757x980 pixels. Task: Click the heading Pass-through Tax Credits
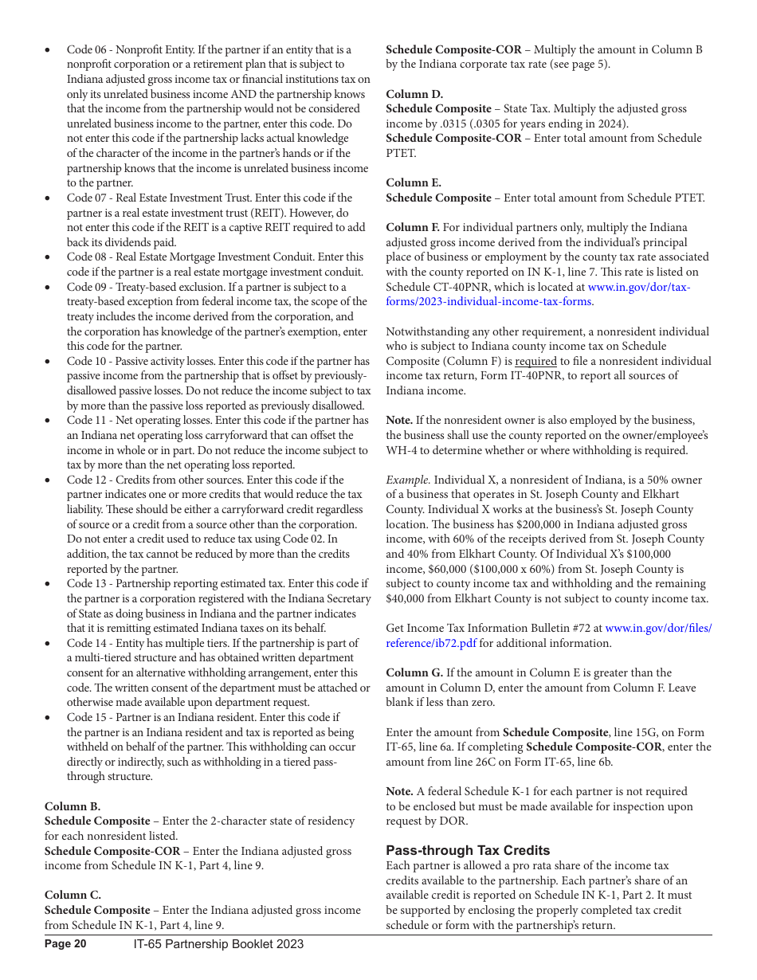tap(468, 850)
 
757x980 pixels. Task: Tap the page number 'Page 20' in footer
tap(65, 944)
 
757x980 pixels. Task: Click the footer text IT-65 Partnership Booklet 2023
tap(218, 944)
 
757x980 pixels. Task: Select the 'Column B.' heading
tap(73, 806)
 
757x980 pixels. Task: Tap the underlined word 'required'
tap(535, 361)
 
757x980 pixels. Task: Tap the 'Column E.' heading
tap(414, 182)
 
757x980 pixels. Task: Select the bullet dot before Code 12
tap(48, 480)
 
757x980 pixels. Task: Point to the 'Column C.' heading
tap(73, 895)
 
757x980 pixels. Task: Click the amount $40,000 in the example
tap(409, 598)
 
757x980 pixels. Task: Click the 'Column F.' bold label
tap(413, 227)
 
